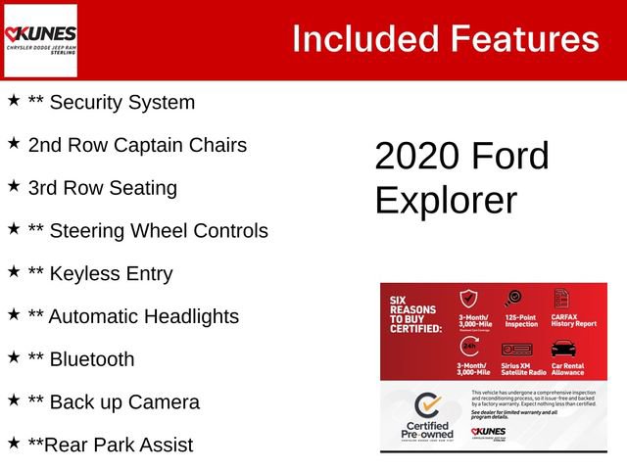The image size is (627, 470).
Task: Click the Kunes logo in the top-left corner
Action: (40, 40)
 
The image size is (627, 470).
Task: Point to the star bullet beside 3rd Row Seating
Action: (14, 185)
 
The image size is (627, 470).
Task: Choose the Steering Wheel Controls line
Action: (147, 231)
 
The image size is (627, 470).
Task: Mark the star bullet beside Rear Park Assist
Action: (14, 443)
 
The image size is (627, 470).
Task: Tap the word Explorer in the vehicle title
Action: (446, 200)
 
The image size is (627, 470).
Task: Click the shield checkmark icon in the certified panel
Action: (469, 299)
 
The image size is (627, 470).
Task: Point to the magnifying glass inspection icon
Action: (515, 299)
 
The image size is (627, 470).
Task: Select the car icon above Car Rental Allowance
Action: (563, 349)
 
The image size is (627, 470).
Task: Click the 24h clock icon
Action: (469, 348)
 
